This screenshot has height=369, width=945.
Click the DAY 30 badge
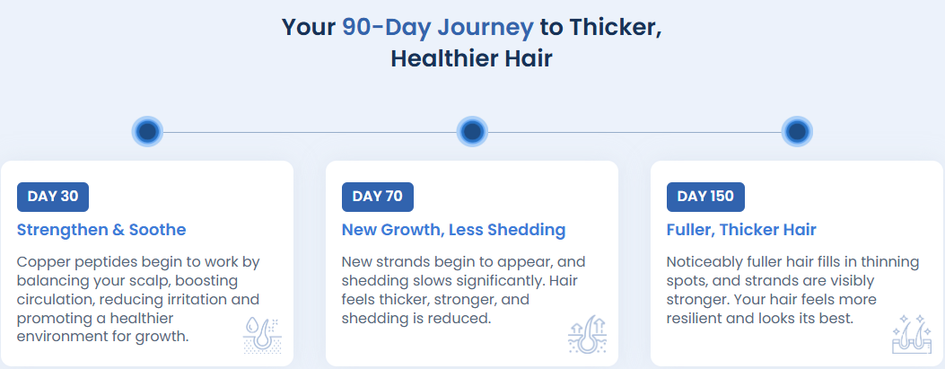[x=52, y=198]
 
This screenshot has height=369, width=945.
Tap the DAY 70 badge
[x=377, y=198]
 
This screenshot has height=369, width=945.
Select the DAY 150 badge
[x=705, y=198]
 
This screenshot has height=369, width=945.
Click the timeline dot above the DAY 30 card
[x=148, y=131]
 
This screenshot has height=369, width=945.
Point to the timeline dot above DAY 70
[x=472, y=131]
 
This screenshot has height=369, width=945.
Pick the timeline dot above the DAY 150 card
[x=797, y=131]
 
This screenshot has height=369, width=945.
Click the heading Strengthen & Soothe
[x=101, y=230]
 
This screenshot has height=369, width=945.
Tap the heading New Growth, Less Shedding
[x=453, y=230]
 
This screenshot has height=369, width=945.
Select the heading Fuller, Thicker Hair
[x=741, y=230]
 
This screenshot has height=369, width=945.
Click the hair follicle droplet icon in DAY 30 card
[x=262, y=335]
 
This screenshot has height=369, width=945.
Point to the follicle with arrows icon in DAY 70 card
[x=587, y=335]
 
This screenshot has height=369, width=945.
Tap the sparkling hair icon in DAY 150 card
[x=912, y=335]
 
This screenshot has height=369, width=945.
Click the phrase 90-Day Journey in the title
[x=438, y=27]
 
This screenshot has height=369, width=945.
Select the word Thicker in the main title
[x=616, y=28]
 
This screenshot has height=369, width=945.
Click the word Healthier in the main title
[x=445, y=59]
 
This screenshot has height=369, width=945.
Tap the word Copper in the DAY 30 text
[x=39, y=263]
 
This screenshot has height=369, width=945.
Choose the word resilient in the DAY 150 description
[x=693, y=318]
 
